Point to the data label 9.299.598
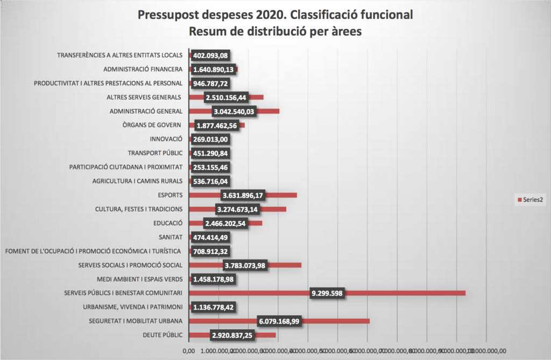point(328,293)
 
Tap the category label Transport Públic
point(156,153)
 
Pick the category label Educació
point(168,223)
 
